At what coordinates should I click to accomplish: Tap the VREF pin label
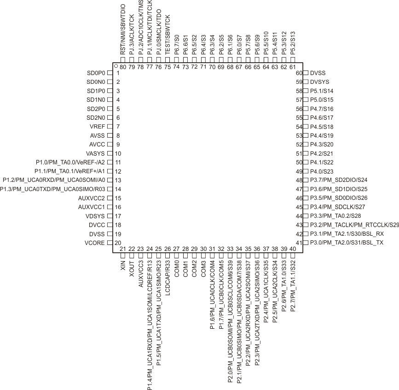pos(98,127)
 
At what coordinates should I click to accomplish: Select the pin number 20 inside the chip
pos(117,243)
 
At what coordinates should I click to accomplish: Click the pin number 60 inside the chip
pos(298,73)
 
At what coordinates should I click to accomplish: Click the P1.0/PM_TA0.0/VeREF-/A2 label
pos(71,162)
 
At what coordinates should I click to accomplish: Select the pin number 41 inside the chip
pos(298,243)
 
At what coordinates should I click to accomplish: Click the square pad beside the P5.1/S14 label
pos(306,91)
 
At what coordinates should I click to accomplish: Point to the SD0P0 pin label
pos(96,73)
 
